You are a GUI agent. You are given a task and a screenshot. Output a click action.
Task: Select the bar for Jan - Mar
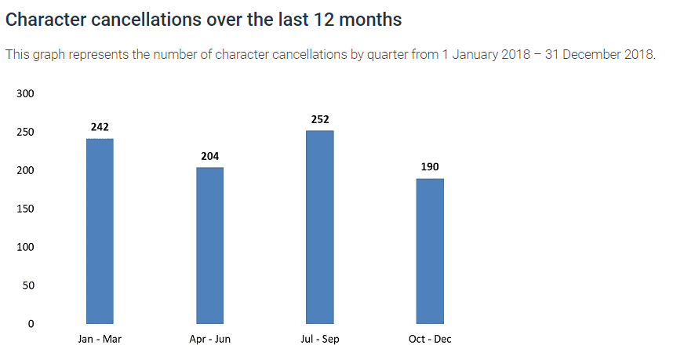click(100, 231)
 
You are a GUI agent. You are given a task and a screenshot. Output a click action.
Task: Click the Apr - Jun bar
click(209, 245)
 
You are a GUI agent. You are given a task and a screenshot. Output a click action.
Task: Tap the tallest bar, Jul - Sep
click(320, 227)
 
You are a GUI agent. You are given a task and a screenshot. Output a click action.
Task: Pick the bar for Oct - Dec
click(430, 251)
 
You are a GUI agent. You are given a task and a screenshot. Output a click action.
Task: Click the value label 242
click(100, 127)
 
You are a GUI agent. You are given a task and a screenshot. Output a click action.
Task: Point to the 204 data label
click(209, 156)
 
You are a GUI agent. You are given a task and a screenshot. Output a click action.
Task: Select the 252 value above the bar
click(320, 119)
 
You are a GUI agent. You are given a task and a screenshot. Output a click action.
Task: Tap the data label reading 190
click(430, 167)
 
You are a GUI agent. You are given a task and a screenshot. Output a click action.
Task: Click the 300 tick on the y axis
click(25, 94)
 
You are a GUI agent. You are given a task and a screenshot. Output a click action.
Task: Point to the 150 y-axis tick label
click(25, 209)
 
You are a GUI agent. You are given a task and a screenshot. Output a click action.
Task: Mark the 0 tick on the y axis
click(31, 324)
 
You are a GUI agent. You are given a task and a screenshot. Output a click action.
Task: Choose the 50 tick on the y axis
click(28, 285)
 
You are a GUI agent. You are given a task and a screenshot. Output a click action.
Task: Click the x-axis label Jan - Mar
click(100, 339)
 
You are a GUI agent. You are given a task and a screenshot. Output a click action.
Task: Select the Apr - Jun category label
click(209, 339)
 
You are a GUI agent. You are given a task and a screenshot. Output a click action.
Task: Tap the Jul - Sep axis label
click(320, 339)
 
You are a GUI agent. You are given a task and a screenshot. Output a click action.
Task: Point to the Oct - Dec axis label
click(430, 339)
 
